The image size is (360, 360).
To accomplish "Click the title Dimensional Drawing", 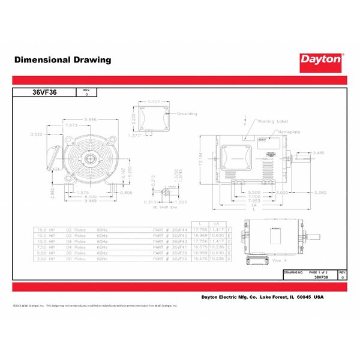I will (x=62, y=60).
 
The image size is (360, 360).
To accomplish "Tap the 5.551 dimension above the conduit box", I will (x=153, y=103).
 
